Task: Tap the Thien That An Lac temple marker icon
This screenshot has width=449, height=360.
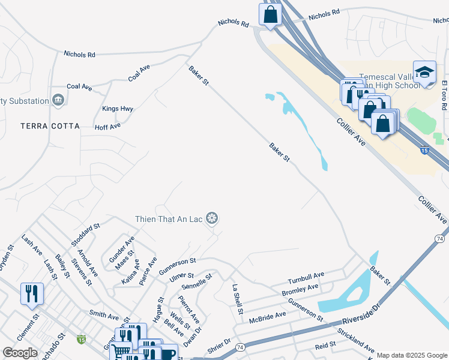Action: (x=211, y=219)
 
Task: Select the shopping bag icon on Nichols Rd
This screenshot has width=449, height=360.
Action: (x=271, y=14)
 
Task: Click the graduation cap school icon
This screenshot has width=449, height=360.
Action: (x=424, y=73)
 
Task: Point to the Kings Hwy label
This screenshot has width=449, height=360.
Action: (x=118, y=109)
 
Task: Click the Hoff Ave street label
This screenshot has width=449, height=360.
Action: (x=108, y=126)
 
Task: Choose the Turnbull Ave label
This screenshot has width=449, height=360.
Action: (x=306, y=278)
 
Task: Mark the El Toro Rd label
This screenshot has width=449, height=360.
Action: (x=444, y=95)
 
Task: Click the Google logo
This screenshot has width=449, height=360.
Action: (x=20, y=353)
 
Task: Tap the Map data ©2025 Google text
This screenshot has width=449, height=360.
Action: (x=411, y=355)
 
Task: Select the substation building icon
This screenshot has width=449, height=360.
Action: (x=58, y=100)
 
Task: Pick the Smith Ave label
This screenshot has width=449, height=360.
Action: (x=104, y=314)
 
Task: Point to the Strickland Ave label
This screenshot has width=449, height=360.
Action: (x=356, y=340)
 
